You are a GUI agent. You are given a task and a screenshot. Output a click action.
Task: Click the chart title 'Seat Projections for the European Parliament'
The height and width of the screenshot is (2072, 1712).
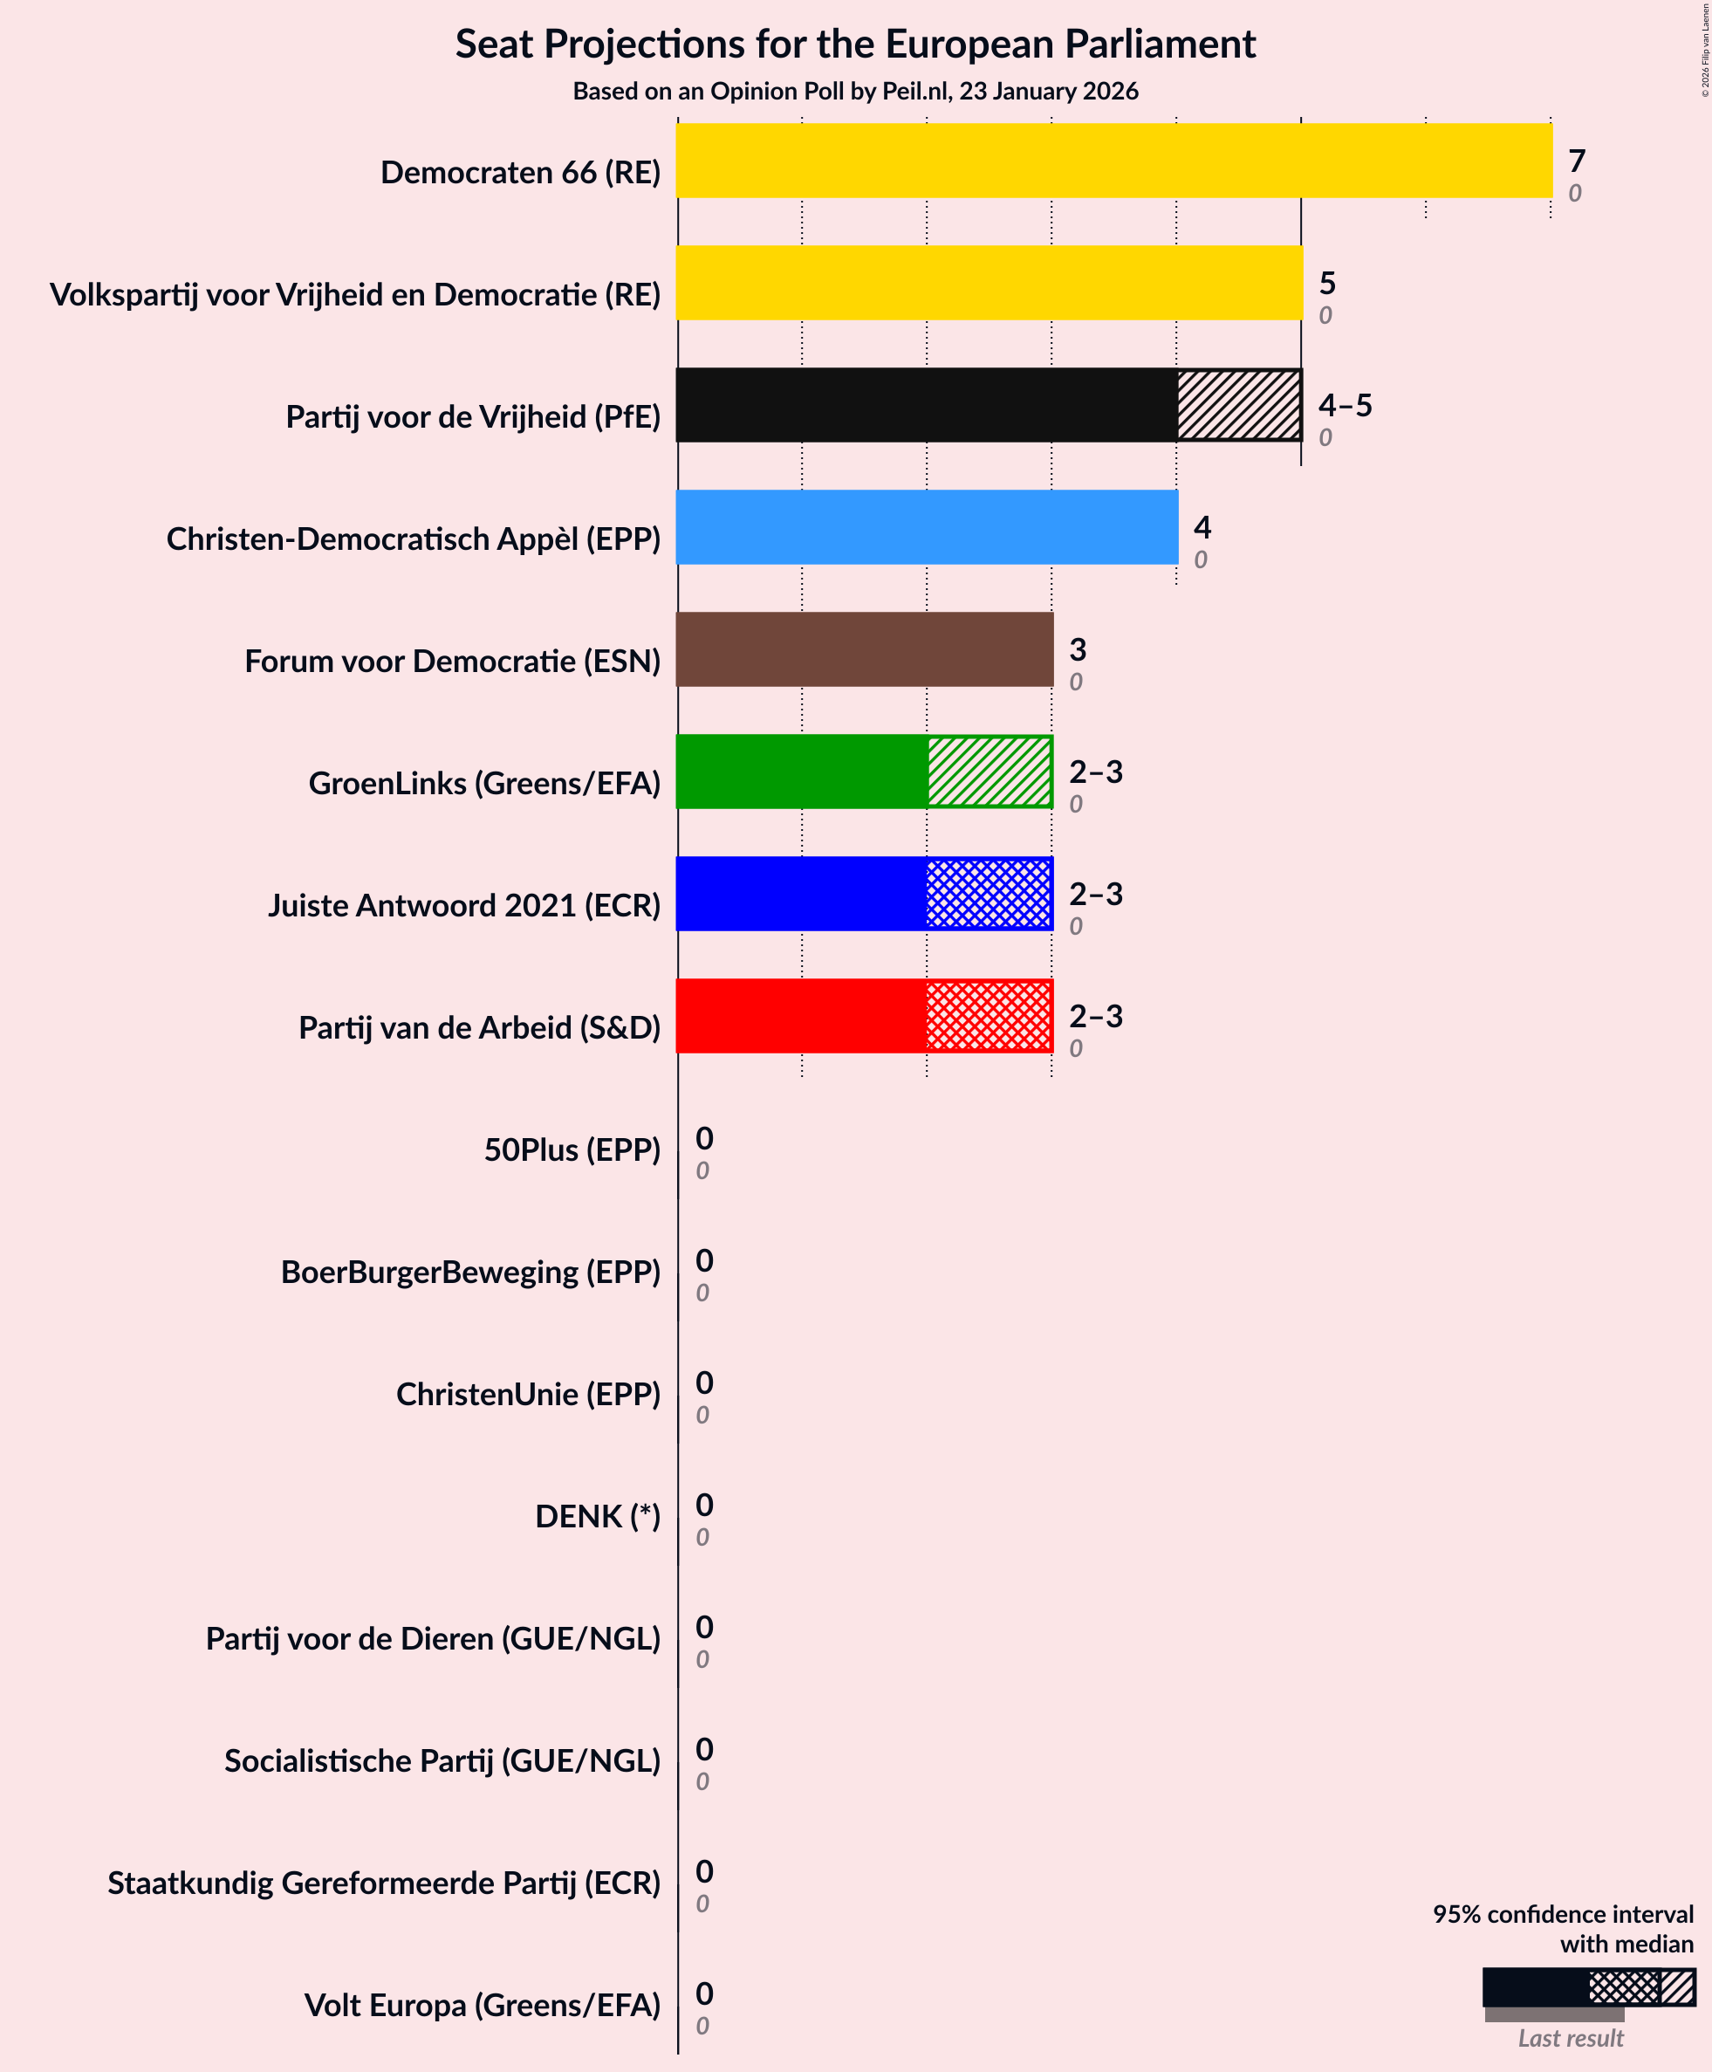pyautogui.click(x=855, y=45)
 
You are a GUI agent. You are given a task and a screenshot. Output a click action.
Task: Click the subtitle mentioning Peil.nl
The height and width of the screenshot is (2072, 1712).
pyautogui.click(x=855, y=92)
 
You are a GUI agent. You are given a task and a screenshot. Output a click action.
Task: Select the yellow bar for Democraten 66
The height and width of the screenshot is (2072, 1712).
pyautogui.click(x=1113, y=161)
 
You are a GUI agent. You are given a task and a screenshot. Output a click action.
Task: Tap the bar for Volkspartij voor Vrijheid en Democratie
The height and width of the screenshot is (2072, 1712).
pyautogui.click(x=988, y=283)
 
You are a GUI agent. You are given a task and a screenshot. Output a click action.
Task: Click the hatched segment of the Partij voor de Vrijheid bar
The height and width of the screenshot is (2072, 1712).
pyautogui.click(x=1239, y=405)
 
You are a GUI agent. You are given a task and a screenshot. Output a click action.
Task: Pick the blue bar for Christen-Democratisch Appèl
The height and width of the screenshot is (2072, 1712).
pyautogui.click(x=926, y=528)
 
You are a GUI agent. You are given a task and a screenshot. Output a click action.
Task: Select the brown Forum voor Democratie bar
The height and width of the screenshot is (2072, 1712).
pyautogui.click(x=864, y=650)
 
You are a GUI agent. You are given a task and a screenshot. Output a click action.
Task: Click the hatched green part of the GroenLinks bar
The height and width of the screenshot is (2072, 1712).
pyautogui.click(x=990, y=772)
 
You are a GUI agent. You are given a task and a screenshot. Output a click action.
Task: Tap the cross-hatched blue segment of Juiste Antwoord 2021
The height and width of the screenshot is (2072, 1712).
pyautogui.click(x=990, y=895)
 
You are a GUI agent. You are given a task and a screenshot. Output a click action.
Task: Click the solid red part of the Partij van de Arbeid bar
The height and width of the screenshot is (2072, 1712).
pyautogui.click(x=801, y=1017)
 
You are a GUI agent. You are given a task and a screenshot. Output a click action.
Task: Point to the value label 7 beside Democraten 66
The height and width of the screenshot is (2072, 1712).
pyautogui.click(x=1577, y=161)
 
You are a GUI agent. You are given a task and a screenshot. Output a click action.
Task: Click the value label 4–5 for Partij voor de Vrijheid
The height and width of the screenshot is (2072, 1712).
pyautogui.click(x=1346, y=405)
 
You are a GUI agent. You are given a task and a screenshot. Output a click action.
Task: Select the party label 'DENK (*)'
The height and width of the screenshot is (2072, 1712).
pyautogui.click(x=598, y=1517)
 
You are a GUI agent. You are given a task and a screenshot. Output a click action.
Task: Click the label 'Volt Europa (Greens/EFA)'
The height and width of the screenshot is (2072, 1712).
pyautogui.click(x=483, y=2006)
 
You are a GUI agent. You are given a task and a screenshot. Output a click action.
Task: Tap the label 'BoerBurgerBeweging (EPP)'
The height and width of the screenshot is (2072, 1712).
pyautogui.click(x=470, y=1273)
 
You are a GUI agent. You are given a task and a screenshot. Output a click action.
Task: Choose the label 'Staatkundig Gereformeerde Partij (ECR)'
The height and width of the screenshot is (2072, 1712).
pyautogui.click(x=384, y=1883)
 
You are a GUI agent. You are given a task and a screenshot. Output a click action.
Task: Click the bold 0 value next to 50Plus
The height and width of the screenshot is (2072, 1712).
pyautogui.click(x=704, y=1139)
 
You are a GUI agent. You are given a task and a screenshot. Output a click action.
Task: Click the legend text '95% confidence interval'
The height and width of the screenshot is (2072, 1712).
pyautogui.click(x=1563, y=1914)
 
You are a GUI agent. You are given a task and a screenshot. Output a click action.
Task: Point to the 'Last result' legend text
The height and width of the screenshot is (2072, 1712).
pyautogui.click(x=1570, y=2039)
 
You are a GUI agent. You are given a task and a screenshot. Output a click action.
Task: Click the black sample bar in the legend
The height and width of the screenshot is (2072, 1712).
pyautogui.click(x=1535, y=1987)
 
